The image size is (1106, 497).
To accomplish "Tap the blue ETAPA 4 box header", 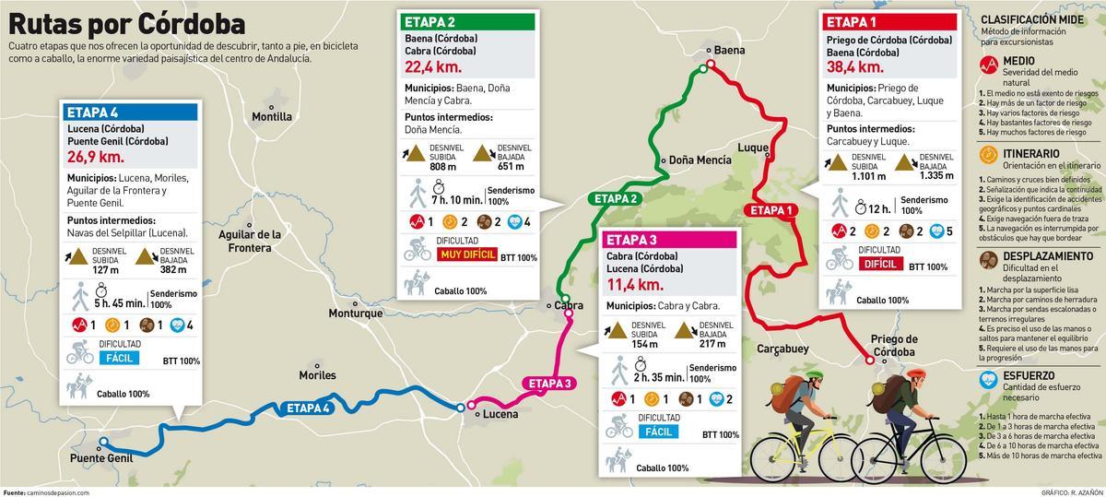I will coord(93,112).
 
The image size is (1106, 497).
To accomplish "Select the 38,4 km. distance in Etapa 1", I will coord(855,66).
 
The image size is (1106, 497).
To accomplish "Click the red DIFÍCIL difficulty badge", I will coord(880,264).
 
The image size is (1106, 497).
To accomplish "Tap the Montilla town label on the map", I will coord(272,117).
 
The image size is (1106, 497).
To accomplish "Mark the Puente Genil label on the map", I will coord(101,457).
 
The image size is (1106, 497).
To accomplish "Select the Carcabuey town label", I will coord(782,349).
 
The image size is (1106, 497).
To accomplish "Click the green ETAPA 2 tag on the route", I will coord(616,198).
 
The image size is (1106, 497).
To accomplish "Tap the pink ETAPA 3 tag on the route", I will coord(549,383).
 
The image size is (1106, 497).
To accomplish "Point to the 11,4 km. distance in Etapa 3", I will coord(635,285).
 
